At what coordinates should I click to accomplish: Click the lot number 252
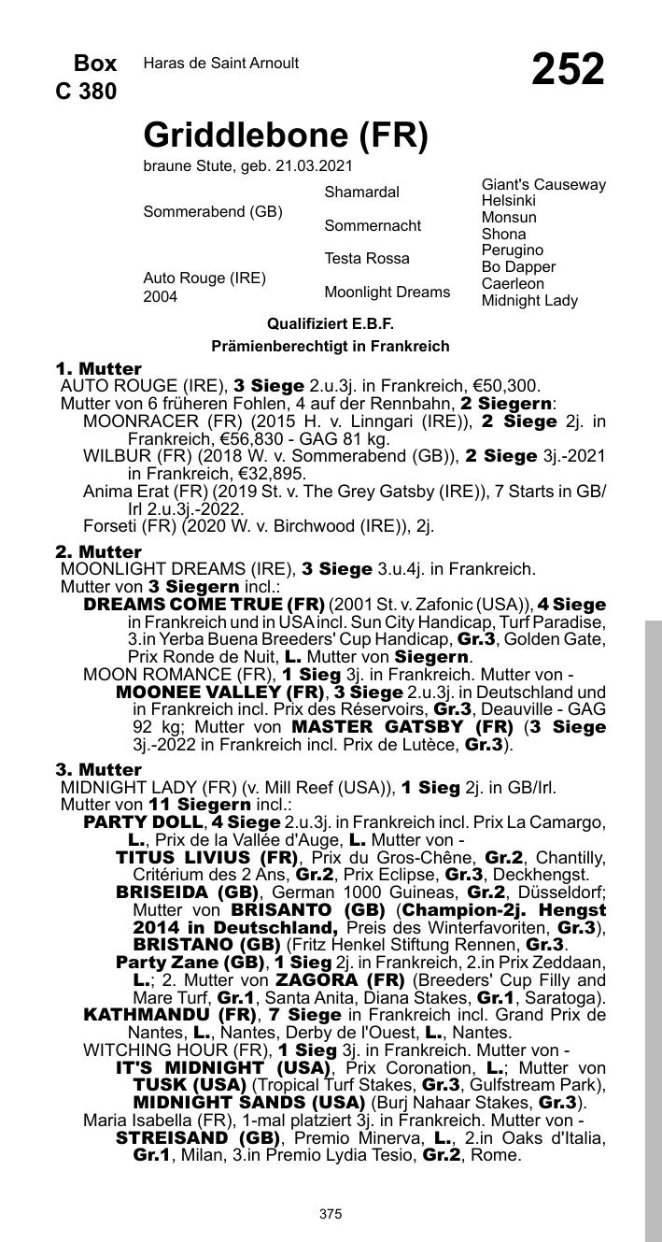point(568,70)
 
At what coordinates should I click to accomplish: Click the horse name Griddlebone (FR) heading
point(285,136)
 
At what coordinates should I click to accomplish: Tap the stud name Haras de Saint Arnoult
point(221,64)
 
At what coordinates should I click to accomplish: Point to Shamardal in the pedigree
point(361,193)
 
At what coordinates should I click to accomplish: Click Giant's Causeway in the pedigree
point(543,185)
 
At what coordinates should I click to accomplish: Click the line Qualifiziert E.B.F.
point(331,323)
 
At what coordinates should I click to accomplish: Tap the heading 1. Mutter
point(98,369)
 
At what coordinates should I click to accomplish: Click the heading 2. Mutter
point(98,552)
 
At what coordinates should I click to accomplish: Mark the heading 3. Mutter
point(98,770)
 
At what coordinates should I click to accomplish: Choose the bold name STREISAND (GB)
point(198,1138)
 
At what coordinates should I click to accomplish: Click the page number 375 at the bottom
point(331,1214)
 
